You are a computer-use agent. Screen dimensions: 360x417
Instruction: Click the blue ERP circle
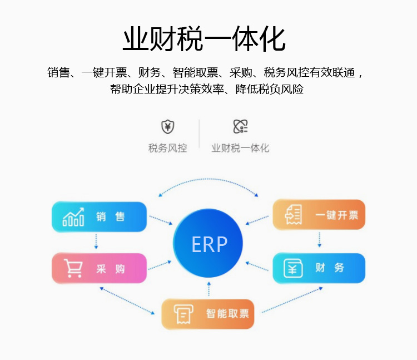(x=209, y=244)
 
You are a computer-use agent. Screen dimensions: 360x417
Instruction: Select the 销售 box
(x=99, y=217)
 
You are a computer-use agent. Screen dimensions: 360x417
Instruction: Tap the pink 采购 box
(x=99, y=269)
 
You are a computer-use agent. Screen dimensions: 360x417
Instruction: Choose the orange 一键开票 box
(x=319, y=215)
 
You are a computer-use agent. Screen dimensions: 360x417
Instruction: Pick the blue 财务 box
(x=319, y=268)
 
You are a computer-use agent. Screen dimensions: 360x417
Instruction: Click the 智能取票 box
(x=208, y=314)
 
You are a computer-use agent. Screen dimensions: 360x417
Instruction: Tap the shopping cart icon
(x=73, y=268)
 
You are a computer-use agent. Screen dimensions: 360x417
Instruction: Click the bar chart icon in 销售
(x=73, y=217)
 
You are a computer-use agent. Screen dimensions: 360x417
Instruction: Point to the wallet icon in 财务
(x=292, y=268)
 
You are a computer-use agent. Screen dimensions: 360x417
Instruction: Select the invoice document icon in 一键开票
(x=293, y=215)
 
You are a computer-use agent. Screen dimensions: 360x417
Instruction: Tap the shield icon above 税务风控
(x=167, y=127)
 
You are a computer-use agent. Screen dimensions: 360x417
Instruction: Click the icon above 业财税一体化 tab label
(x=240, y=127)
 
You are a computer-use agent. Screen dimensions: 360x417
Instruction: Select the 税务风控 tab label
(x=167, y=148)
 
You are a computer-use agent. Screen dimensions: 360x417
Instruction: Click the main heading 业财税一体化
(x=204, y=39)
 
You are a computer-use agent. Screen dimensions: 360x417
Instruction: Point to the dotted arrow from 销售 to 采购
(x=96, y=241)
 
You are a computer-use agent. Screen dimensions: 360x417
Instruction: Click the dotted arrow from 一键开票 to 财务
(x=319, y=240)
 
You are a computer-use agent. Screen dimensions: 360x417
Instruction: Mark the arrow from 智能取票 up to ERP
(x=209, y=289)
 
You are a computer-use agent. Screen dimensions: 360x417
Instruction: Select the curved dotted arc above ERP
(x=209, y=180)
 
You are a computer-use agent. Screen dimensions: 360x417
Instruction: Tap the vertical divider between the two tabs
(x=199, y=134)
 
